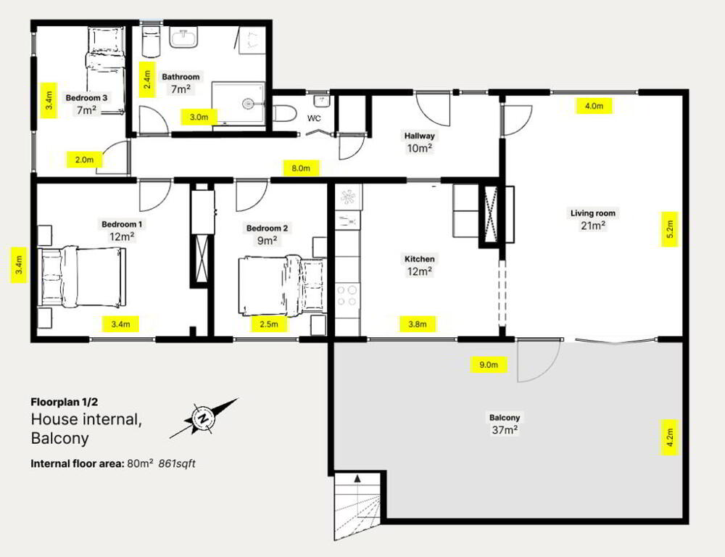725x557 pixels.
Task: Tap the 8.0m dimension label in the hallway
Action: (x=301, y=168)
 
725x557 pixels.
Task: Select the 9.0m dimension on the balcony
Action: (x=488, y=365)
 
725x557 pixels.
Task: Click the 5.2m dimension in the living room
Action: (x=669, y=229)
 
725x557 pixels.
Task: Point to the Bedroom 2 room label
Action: (x=267, y=228)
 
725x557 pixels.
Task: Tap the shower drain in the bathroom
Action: (x=248, y=103)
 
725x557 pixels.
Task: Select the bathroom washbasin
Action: (x=184, y=37)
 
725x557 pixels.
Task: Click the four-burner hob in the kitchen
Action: (x=347, y=296)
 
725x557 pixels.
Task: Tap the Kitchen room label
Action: (x=419, y=259)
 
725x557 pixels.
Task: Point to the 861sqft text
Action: (x=177, y=463)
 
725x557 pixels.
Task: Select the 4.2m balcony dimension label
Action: (x=669, y=437)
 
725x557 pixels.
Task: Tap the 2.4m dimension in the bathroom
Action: (x=146, y=80)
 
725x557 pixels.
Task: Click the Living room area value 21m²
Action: (x=593, y=226)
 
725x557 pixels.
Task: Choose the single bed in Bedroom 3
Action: (x=105, y=70)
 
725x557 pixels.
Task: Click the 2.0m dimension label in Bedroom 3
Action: (x=85, y=160)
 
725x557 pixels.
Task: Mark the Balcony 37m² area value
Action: (x=505, y=430)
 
